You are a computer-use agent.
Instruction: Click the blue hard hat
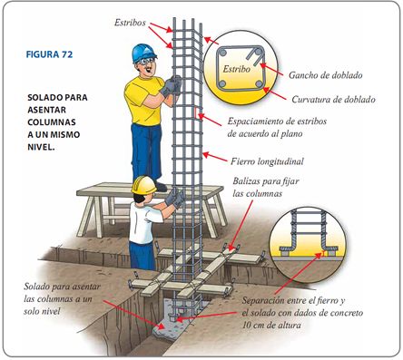pos(143,53)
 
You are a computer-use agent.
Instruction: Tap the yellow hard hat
pos(143,184)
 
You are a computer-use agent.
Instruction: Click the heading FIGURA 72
pos(49,54)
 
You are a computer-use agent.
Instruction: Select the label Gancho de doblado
pos(325,75)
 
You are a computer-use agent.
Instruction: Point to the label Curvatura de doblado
pos(333,100)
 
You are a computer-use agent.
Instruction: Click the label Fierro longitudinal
pos(267,161)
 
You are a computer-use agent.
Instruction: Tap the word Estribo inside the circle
pos(236,69)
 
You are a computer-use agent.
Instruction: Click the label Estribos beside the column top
pos(130,23)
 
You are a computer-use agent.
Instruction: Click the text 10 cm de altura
pos(271,326)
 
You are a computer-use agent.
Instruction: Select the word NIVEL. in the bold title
pos(41,147)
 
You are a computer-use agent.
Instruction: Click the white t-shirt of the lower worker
pos(143,222)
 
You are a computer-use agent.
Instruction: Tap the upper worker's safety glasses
pos(146,62)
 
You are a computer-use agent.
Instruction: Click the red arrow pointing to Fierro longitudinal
pos(214,157)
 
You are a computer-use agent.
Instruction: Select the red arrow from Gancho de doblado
pos(271,69)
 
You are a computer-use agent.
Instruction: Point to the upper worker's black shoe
pos(161,186)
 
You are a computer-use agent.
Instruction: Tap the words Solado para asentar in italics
pos(62,287)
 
